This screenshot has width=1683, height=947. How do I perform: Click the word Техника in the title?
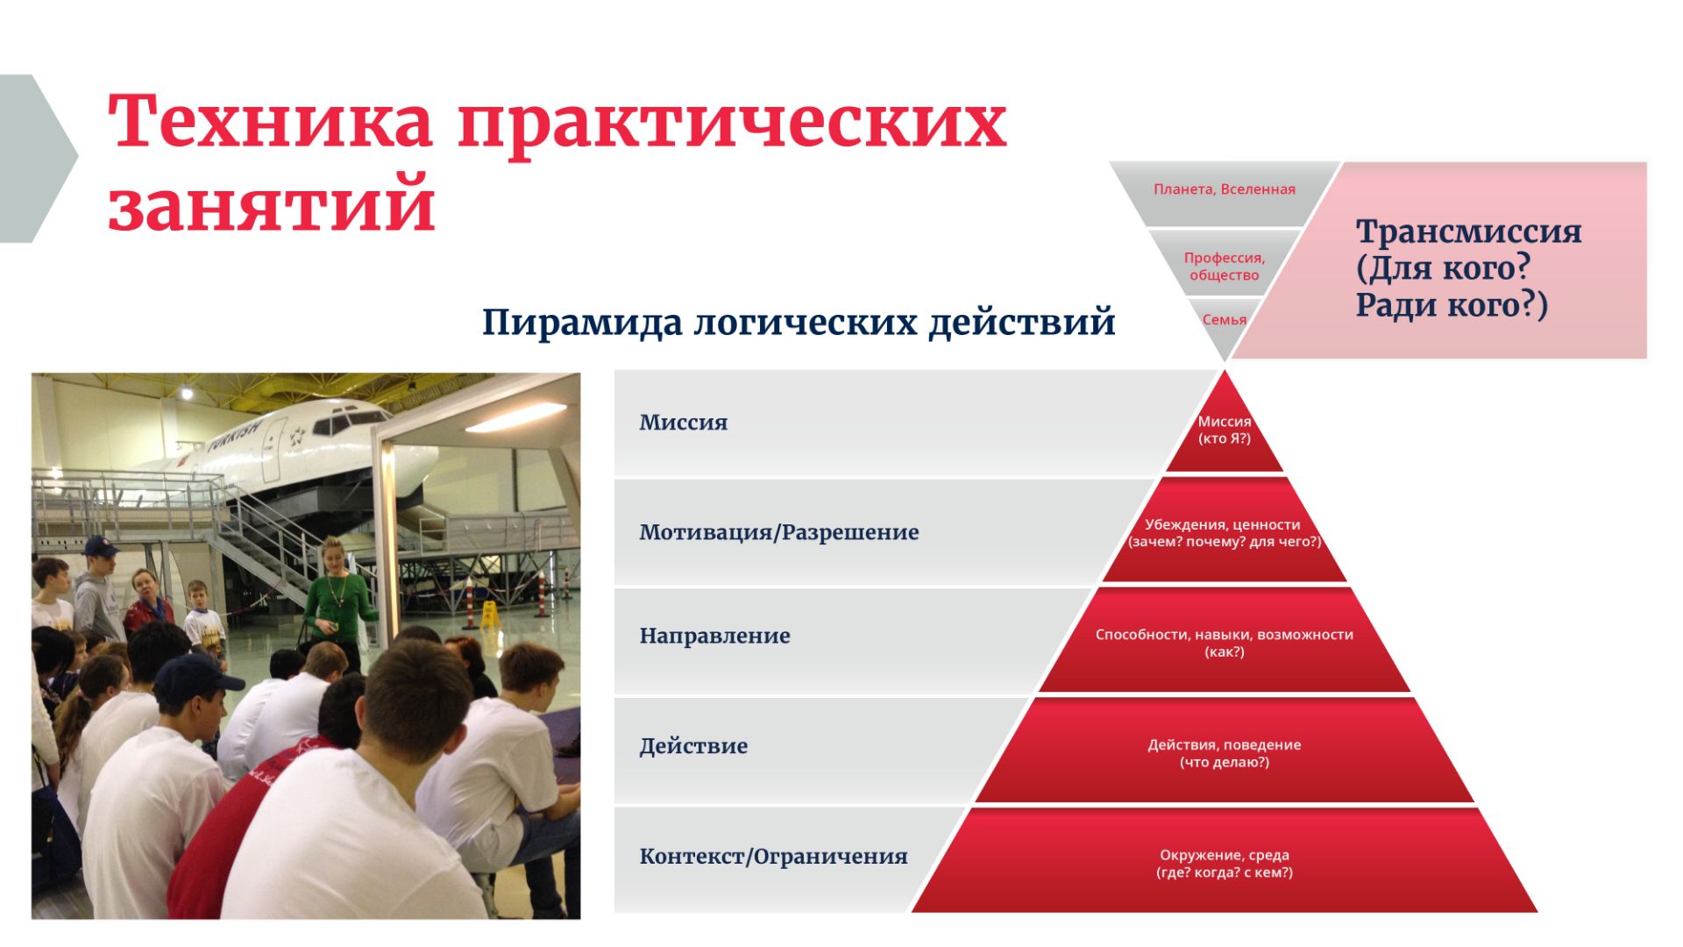[270, 122]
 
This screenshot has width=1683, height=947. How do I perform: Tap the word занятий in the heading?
[272, 204]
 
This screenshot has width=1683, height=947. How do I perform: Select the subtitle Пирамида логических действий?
[799, 323]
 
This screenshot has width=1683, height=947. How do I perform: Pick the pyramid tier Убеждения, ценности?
[1225, 532]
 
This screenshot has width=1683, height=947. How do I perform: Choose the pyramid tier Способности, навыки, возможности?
[1225, 642]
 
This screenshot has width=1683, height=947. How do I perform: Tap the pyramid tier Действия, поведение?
[1225, 752]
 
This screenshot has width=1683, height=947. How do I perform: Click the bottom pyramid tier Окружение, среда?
[1225, 863]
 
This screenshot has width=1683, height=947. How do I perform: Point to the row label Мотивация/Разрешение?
[778, 532]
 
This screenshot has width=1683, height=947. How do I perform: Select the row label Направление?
[714, 636]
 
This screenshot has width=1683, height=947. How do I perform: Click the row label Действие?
[693, 746]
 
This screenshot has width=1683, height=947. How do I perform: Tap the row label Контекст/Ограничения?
[773, 857]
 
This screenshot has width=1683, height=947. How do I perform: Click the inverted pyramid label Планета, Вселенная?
[1224, 189]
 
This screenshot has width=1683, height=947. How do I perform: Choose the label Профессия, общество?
[1224, 266]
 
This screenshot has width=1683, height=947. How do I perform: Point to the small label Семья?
[1224, 320]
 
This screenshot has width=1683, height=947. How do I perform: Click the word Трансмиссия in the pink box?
[1468, 231]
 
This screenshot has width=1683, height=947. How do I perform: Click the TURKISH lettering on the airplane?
[235, 436]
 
